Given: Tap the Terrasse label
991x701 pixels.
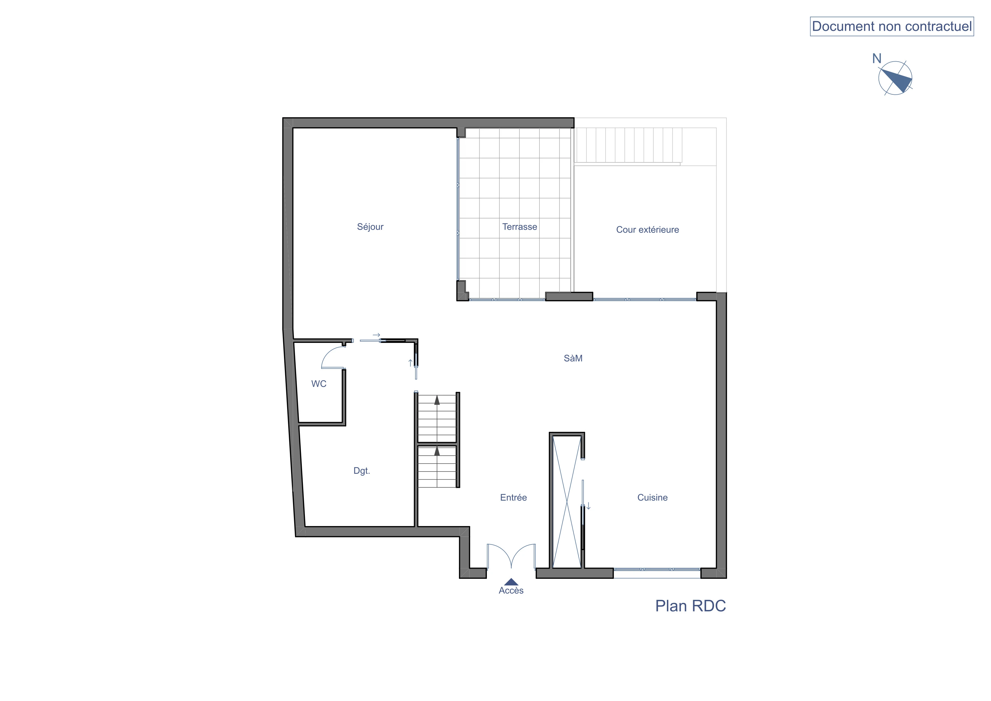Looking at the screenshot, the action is click(520, 227).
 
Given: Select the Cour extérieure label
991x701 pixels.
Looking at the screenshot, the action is click(647, 230).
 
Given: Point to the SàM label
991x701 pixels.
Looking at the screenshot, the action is click(573, 358).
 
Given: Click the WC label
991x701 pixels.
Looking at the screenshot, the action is click(319, 384).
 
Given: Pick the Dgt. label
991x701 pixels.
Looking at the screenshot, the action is click(362, 471).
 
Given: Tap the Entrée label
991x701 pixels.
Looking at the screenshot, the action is click(513, 497).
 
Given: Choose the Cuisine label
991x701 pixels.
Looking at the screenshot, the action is click(652, 497).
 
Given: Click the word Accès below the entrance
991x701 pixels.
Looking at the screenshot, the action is click(511, 590).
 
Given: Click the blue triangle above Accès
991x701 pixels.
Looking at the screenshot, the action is click(511, 582).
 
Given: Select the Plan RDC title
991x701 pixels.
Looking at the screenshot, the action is click(691, 606).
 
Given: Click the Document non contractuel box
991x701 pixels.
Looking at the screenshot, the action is click(892, 26).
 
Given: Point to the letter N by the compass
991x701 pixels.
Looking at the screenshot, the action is click(877, 58).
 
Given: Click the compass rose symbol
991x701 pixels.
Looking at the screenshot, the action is click(895, 78).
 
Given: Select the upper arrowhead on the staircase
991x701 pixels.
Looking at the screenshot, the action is click(437, 400).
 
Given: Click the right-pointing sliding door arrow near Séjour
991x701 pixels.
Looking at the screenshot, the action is click(376, 335).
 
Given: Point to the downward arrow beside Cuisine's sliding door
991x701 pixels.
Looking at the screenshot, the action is click(588, 506).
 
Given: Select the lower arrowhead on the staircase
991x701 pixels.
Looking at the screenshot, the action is click(437, 451).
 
